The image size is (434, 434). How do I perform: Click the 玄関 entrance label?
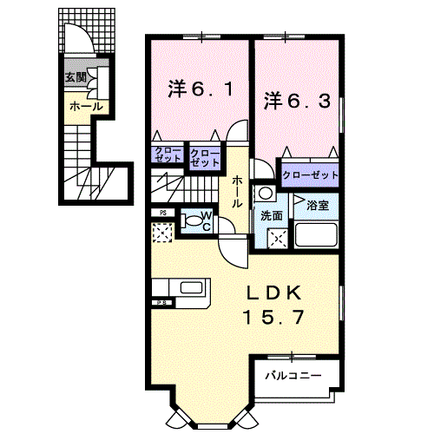click(x=75, y=77)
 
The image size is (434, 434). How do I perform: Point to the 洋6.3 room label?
click(x=298, y=100)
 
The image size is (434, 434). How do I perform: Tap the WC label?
click(x=207, y=220)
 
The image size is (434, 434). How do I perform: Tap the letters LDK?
click(x=274, y=293)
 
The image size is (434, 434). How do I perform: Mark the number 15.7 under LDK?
click(x=274, y=318)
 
